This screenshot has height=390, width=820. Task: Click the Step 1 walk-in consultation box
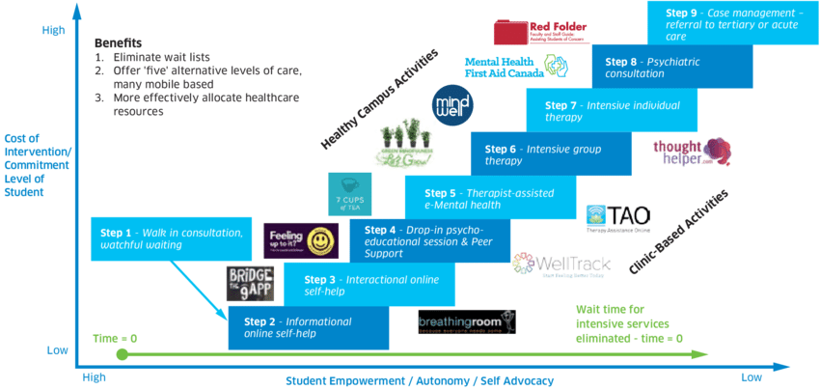(173, 238)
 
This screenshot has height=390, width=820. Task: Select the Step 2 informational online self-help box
(308, 327)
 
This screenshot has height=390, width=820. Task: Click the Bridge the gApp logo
(251, 285)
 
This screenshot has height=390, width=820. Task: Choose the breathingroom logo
(466, 321)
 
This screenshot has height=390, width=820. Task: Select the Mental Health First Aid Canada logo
(516, 68)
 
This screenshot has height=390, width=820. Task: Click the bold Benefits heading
(118, 43)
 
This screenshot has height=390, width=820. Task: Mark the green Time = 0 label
(115, 337)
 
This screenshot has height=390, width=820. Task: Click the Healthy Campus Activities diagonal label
(379, 99)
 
